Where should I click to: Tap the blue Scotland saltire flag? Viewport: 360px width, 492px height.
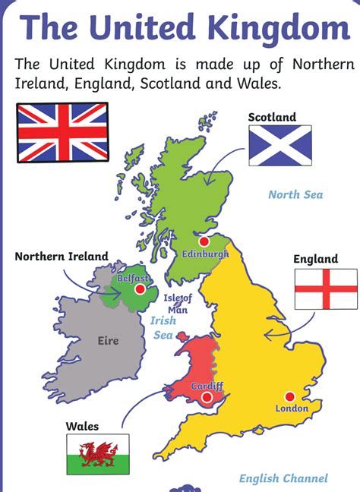[x=280, y=146]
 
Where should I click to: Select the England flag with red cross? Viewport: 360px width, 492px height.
[x=325, y=289]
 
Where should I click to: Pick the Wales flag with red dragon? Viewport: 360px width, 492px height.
[x=98, y=453]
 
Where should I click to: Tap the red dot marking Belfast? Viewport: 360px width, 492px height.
[x=140, y=289]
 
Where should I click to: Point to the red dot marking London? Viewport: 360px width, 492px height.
[x=289, y=395]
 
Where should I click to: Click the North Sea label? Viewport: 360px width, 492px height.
[x=295, y=195]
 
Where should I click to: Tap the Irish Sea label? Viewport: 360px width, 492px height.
[x=163, y=327]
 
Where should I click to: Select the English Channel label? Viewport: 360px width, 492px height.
[x=283, y=478]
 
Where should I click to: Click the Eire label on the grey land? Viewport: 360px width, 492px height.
[x=109, y=341]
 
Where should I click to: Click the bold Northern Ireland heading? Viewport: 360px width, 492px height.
[x=62, y=257]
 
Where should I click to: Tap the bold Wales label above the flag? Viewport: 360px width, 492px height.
[x=82, y=427]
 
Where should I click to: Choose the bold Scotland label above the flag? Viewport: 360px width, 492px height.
[x=272, y=117]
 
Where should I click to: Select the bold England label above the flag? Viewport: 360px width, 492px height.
[x=316, y=259]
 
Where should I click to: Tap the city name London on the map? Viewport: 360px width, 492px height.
[x=292, y=408]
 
